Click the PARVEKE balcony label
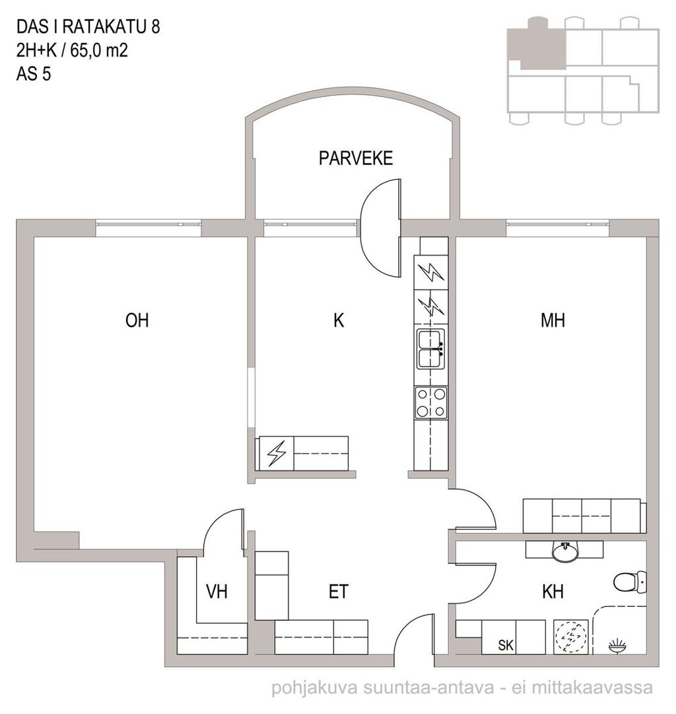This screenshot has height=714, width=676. click(356, 158)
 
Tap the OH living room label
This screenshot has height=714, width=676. click(137, 320)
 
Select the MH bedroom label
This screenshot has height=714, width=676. click(553, 320)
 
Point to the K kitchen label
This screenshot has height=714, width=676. click(339, 320)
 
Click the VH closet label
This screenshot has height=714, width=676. click(217, 592)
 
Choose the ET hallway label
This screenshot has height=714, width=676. click(338, 592)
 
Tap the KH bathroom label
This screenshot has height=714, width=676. click(553, 592)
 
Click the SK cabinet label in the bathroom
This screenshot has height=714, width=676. click(506, 645)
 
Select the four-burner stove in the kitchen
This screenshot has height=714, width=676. click(430, 402)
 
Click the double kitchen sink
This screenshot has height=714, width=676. click(430, 349)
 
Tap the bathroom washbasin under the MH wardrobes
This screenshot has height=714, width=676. click(565, 551)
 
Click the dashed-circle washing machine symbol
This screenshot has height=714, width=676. click(570, 637)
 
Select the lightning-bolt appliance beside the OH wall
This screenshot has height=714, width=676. click(277, 454)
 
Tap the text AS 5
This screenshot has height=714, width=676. click(34, 74)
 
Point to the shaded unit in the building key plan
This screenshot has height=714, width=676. click(537, 44)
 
